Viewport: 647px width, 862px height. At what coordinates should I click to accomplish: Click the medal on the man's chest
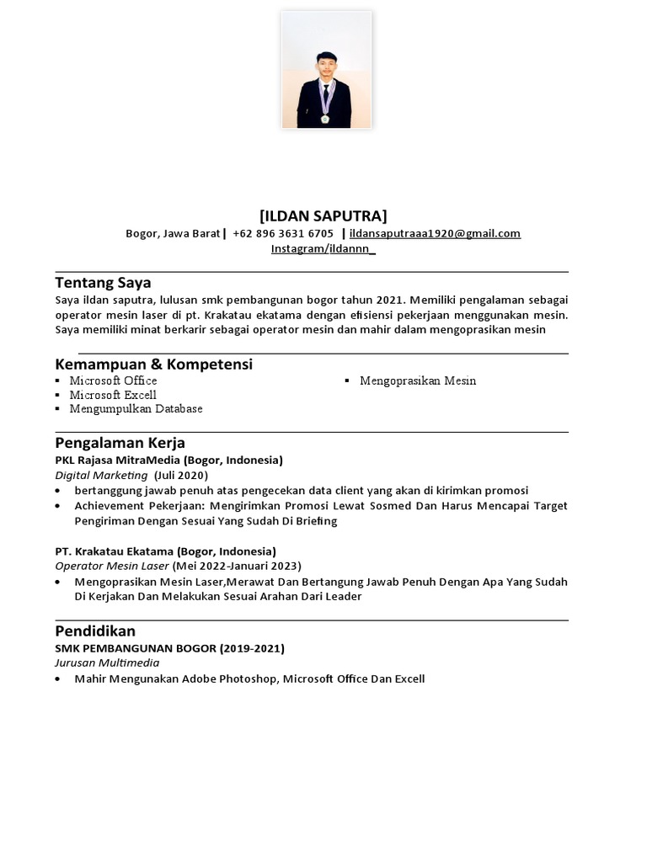[325, 118]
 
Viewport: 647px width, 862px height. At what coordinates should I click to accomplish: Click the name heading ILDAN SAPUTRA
[323, 215]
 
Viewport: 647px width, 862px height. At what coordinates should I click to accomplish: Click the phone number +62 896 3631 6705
[283, 233]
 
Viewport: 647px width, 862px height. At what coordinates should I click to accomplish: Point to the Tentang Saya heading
[103, 282]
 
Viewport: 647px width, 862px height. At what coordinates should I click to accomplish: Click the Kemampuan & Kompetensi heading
[153, 364]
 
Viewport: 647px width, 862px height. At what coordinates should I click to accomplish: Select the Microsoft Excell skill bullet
[113, 395]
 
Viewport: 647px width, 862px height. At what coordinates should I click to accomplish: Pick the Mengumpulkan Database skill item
[136, 409]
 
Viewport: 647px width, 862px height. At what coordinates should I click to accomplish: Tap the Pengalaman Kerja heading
[120, 443]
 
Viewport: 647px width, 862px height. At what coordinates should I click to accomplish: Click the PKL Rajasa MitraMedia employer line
[168, 460]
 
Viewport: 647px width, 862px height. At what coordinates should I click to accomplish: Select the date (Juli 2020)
[181, 476]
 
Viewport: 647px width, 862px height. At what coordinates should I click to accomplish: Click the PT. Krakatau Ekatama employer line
[165, 551]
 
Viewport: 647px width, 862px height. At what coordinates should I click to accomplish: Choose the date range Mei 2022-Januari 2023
[237, 566]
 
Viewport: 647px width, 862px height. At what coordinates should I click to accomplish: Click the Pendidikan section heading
[95, 631]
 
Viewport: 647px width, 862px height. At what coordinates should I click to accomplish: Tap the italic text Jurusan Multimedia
[107, 663]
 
